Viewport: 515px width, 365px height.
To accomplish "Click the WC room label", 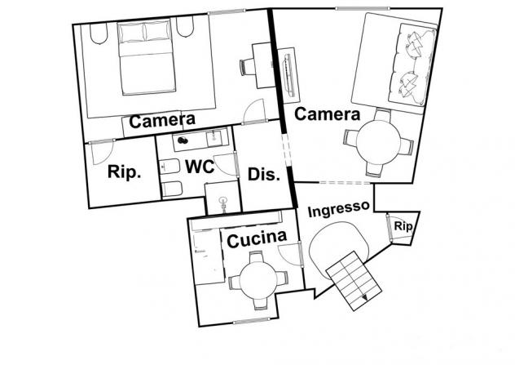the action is click(200, 167).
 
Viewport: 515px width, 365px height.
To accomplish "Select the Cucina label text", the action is click(257, 238).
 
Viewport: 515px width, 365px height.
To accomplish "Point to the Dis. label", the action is click(264, 174).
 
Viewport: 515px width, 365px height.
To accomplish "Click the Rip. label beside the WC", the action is click(124, 171).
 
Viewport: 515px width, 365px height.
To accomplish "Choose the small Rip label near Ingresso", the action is click(403, 226).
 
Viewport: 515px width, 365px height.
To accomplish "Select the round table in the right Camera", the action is click(378, 142).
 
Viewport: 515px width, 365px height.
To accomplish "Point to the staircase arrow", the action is click(364, 297).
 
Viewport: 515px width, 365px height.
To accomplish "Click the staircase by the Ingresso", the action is click(354, 281).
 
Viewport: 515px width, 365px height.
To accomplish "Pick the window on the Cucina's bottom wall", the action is click(252, 320).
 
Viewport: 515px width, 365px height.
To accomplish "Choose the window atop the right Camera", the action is click(362, 8).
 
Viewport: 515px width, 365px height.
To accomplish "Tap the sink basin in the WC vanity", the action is click(213, 137).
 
